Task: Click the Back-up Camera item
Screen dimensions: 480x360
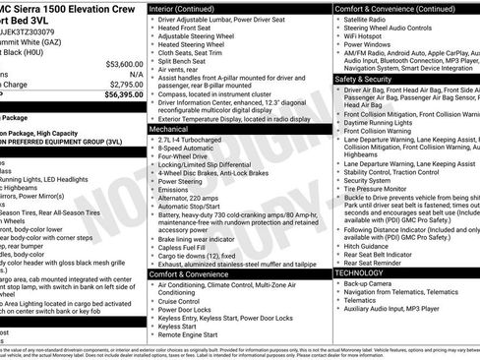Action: pos(370,282)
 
